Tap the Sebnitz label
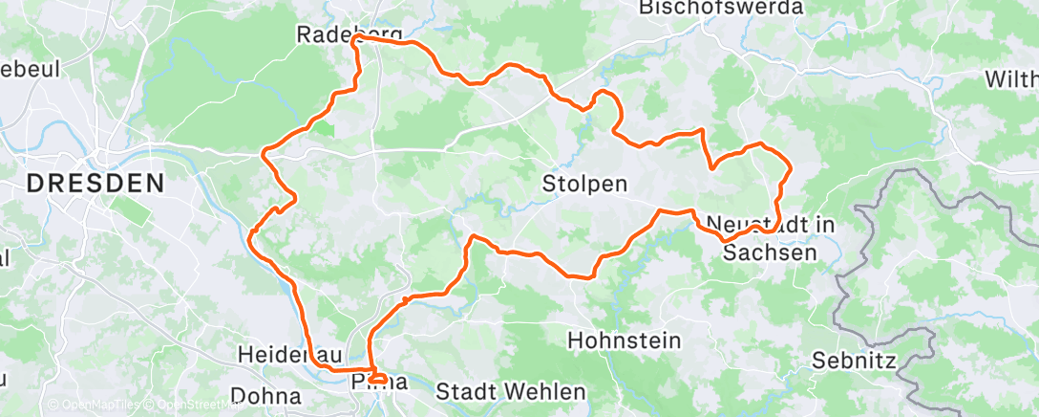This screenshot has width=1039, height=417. point(852,362)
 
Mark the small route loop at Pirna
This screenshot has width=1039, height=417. point(377,379)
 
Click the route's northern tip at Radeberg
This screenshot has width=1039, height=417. point(354,40)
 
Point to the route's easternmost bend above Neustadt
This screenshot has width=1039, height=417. point(790,168)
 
